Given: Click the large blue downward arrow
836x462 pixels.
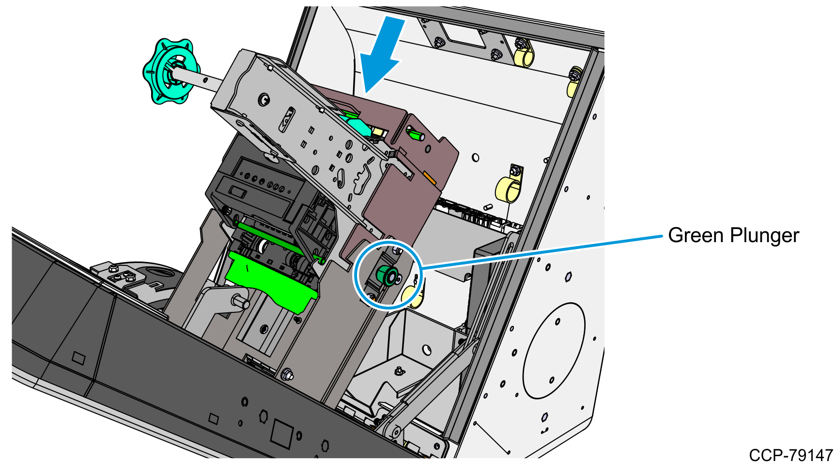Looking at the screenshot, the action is coord(382,53).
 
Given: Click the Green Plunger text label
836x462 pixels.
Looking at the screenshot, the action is coord(733,235).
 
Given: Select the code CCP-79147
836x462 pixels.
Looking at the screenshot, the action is coord(790,455).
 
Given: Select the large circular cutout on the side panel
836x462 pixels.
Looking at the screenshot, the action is coord(554,351).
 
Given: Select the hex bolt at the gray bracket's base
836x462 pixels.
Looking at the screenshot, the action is coord(287,374).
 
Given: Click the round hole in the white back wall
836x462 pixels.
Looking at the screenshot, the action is coord(476,158).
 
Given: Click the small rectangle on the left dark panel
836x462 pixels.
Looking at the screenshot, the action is coord(78,358).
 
